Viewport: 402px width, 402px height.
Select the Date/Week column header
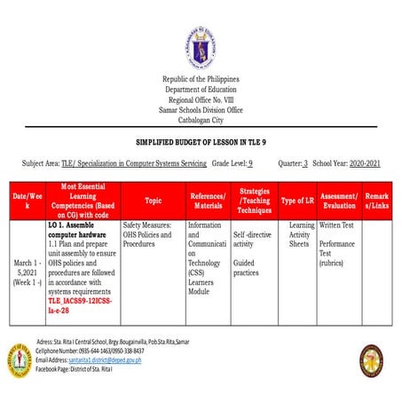pyautogui.click(x=27, y=201)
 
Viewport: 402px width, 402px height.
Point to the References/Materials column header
pyautogui.click(x=208, y=201)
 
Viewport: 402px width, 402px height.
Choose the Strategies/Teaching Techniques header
pyautogui.click(x=254, y=201)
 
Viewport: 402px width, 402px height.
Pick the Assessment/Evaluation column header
pyautogui.click(x=339, y=201)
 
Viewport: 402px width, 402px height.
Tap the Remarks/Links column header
pyautogui.click(x=378, y=201)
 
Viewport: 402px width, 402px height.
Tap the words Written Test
pyautogui.click(x=337, y=225)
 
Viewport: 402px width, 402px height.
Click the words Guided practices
pyautogui.click(x=245, y=268)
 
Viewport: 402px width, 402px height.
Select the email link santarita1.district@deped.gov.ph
pyautogui.click(x=122, y=361)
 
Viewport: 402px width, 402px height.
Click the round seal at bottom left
pyautogui.click(x=20, y=358)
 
